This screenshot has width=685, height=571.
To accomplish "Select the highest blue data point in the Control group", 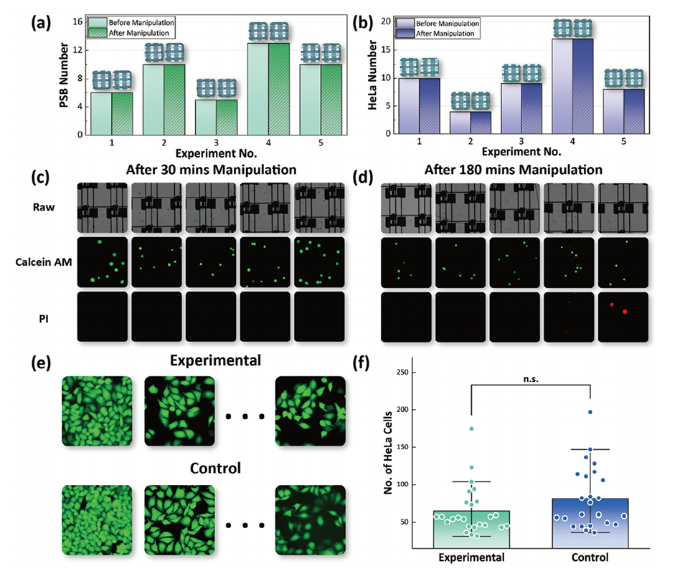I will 590,412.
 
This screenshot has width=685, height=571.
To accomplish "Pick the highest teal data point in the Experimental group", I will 471,428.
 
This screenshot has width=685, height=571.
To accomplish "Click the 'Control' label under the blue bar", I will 590,557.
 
